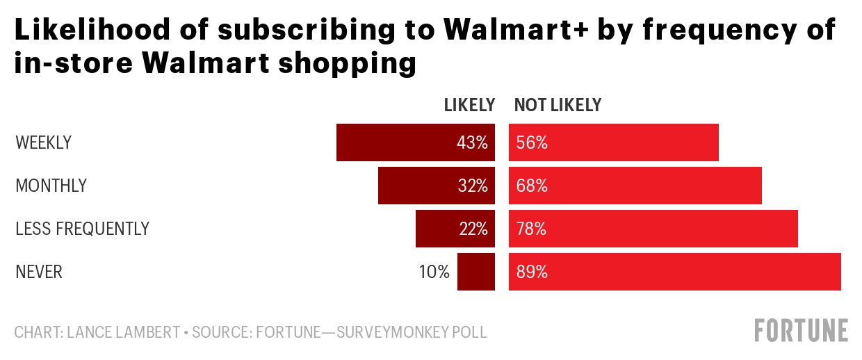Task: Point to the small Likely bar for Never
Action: (476, 272)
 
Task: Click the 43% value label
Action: (472, 143)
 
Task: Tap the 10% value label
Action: (434, 272)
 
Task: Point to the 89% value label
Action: (532, 272)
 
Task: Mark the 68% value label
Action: (532, 186)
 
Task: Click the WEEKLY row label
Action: (43, 143)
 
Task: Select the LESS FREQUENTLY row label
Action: (82, 229)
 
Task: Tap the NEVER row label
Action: (39, 272)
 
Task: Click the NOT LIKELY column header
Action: (558, 105)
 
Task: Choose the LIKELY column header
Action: (469, 105)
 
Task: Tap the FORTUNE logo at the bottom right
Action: (802, 330)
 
